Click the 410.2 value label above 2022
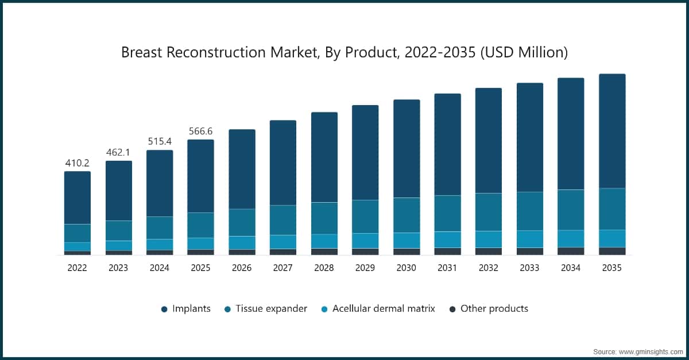(x=77, y=163)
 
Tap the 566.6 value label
(x=200, y=131)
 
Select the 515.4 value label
(x=160, y=141)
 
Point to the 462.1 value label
(x=118, y=153)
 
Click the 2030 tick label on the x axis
(x=406, y=268)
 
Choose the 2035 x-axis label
(x=612, y=268)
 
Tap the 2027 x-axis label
(x=282, y=268)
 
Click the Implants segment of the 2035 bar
(x=612, y=131)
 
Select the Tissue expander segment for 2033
(x=529, y=211)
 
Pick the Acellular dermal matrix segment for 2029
(x=365, y=241)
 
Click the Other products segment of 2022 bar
(x=77, y=253)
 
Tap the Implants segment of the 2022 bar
(x=77, y=198)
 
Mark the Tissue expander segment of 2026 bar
(x=242, y=222)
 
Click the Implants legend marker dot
(x=164, y=309)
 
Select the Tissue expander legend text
(x=273, y=309)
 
